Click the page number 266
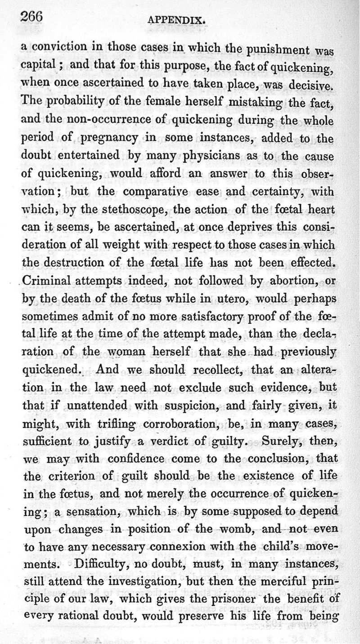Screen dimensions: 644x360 point(31,17)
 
